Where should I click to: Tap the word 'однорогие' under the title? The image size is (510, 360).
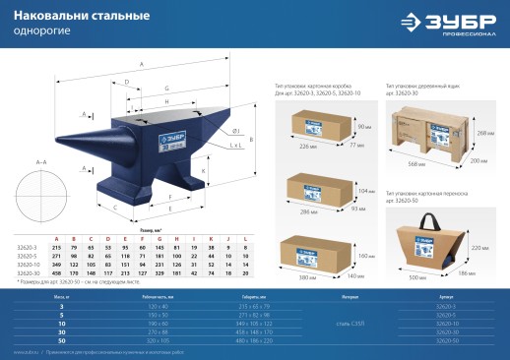(x=36, y=31)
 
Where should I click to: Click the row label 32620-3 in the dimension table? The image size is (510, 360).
(x=28, y=247)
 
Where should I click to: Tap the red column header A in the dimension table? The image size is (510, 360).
(x=57, y=239)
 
